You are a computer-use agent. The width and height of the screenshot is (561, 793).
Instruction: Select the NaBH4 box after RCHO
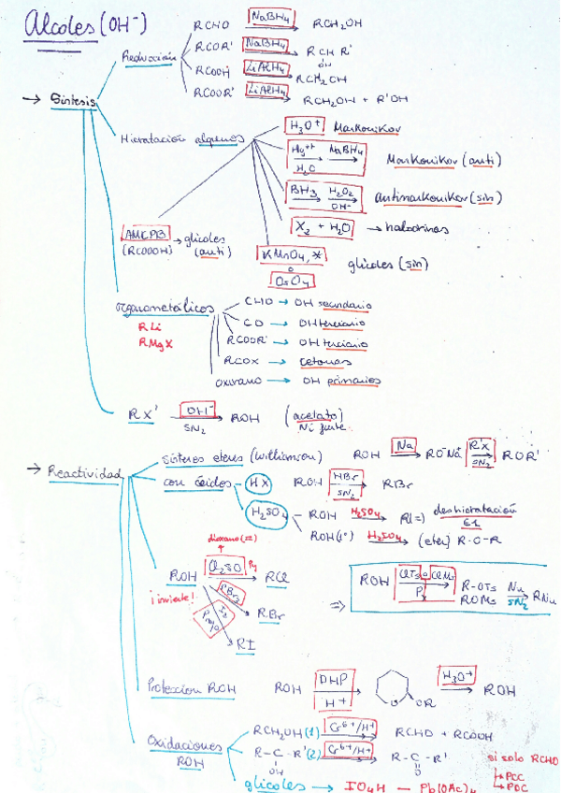point(272,16)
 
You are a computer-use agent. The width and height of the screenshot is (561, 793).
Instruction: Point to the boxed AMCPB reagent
point(144,234)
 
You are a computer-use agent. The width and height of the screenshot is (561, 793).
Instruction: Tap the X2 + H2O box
point(321,226)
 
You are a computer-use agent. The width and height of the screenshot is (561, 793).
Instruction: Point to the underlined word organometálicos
point(164,308)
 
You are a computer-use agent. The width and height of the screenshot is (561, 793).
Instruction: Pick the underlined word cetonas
point(325,362)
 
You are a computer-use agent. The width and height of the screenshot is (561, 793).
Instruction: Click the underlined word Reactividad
point(85,473)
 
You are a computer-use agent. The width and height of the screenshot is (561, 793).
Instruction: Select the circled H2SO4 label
point(265,513)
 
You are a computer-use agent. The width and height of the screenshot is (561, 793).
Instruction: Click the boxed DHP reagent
point(331,679)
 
